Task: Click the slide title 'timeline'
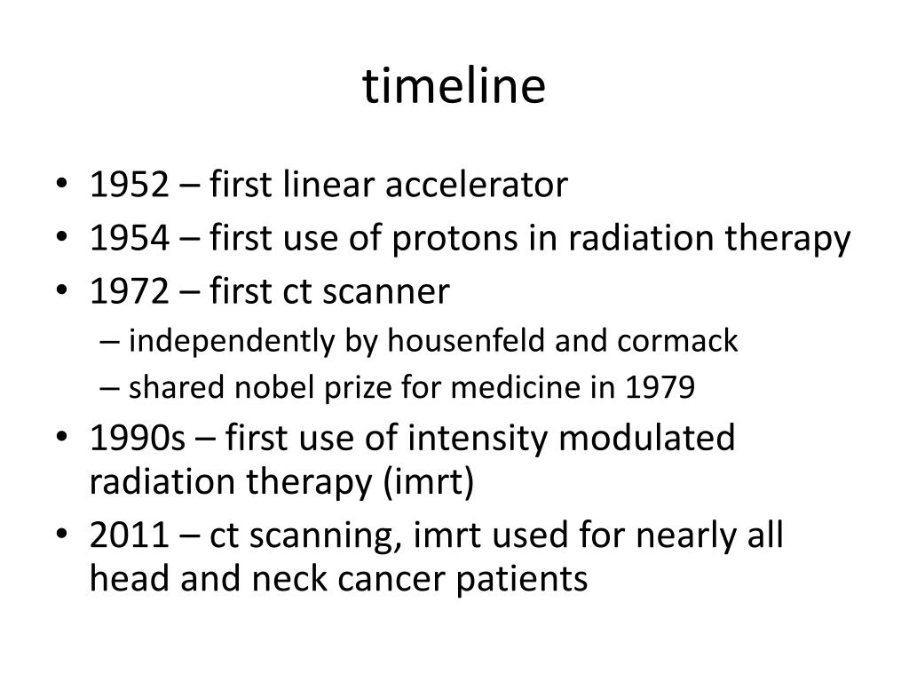click(x=454, y=88)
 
